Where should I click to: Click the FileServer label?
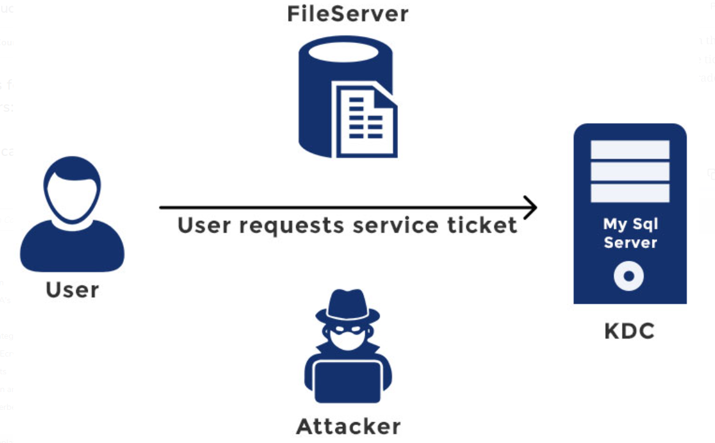pyautogui.click(x=348, y=14)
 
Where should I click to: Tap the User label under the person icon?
pyautogui.click(x=72, y=290)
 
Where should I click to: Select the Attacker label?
pyautogui.click(x=348, y=426)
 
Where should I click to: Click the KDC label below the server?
pyautogui.click(x=629, y=332)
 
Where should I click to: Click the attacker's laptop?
pyautogui.click(x=348, y=380)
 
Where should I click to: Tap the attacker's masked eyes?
pyautogui.click(x=348, y=329)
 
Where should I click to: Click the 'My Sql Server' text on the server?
pyautogui.click(x=630, y=233)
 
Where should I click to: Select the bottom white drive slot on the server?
pyautogui.click(x=630, y=193)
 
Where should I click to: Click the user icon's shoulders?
pyautogui.click(x=72, y=248)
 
